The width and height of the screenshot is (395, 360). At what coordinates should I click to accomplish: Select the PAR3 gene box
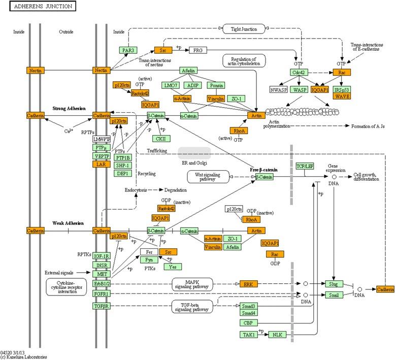(127, 50)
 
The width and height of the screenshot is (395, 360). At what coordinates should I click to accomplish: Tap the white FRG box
(197, 50)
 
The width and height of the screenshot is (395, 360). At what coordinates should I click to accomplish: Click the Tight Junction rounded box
(244, 29)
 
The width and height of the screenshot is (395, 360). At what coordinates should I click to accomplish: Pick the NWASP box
(278, 90)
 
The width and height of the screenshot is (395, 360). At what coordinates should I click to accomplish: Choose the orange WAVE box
(342, 96)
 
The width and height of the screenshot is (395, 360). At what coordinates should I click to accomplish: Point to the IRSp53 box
(342, 90)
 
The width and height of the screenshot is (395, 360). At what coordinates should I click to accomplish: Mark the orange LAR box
(101, 164)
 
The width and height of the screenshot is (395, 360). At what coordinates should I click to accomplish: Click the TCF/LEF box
(305, 166)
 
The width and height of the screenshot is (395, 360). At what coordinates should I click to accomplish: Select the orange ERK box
(249, 284)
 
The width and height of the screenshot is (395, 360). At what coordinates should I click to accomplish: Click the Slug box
(334, 283)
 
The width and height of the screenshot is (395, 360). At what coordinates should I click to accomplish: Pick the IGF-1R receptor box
(101, 256)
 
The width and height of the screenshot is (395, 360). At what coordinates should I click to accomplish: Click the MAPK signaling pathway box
(192, 284)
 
